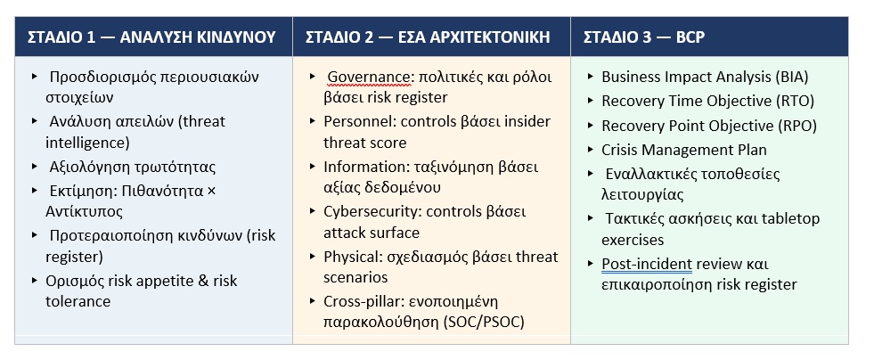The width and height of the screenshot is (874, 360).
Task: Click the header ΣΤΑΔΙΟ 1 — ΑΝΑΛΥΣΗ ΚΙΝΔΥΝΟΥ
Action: pyautogui.click(x=151, y=37)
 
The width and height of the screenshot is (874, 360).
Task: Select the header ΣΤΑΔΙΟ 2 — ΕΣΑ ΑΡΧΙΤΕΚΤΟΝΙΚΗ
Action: pyautogui.click(x=428, y=37)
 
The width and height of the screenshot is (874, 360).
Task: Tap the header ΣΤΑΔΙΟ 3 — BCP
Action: pyautogui.click(x=644, y=37)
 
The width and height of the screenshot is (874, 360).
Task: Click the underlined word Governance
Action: pyautogui.click(x=367, y=77)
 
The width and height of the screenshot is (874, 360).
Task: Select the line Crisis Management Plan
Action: pyautogui.click(x=684, y=150)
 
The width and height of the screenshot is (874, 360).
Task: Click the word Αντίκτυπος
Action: pyautogui.click(x=84, y=212)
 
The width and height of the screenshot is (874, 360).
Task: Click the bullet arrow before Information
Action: pyautogui.click(x=313, y=166)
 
